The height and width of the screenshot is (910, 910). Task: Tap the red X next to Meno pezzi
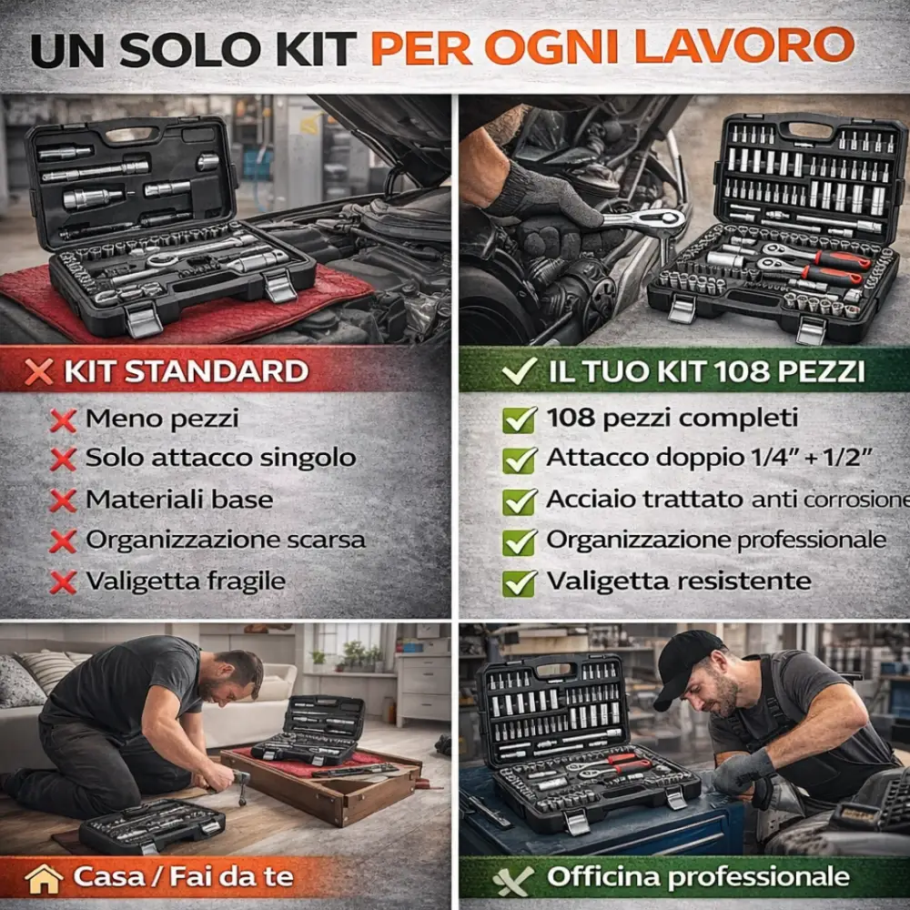[x=63, y=420]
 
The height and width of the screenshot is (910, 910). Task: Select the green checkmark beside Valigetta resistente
[x=519, y=582]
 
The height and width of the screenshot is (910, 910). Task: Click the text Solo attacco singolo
[x=220, y=459]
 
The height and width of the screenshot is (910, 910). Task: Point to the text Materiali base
[x=179, y=500]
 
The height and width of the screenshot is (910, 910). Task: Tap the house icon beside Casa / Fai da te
[x=45, y=878]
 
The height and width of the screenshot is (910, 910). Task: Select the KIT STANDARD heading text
[x=186, y=371]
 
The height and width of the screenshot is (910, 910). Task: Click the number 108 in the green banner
[x=740, y=371]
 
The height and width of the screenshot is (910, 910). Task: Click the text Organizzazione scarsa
[x=226, y=540]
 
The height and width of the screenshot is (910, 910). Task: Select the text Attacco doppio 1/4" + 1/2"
[x=711, y=459]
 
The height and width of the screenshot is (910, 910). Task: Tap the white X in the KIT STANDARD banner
[x=38, y=372]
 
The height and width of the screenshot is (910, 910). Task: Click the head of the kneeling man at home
[x=238, y=672]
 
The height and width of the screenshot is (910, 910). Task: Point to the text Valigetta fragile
[x=186, y=581]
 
